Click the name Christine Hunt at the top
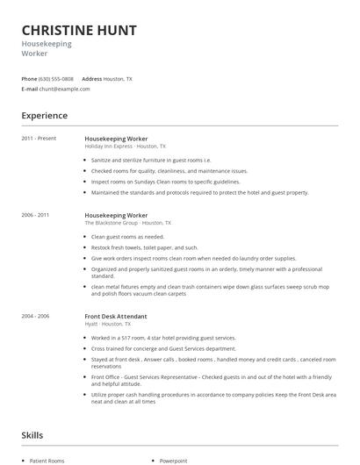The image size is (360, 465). (79, 31)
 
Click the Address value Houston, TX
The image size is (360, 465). (118, 79)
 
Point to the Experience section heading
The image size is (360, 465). (44, 116)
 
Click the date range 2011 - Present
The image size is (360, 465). (39, 139)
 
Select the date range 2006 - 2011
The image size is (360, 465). (35, 215)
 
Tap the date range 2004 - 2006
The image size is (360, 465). (35, 316)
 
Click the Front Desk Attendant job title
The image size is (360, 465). (115, 316)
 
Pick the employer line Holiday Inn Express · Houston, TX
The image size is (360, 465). (121, 147)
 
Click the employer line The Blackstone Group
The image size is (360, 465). (111, 223)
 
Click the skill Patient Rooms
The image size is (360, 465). (47, 461)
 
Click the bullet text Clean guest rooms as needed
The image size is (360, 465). (128, 237)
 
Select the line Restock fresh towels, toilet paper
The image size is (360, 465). (145, 247)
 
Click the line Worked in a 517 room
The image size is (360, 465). (163, 338)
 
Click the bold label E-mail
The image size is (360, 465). (30, 89)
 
